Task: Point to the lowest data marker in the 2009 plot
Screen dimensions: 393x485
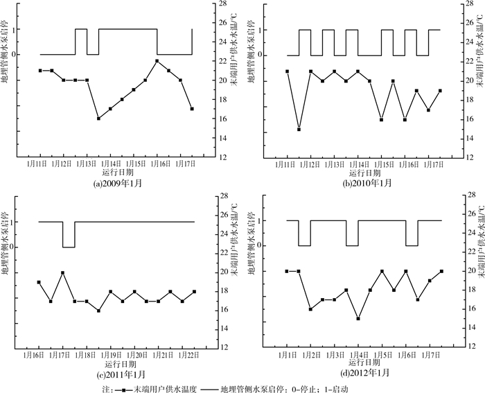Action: point(98,119)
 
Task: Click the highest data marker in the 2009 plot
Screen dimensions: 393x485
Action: point(157,61)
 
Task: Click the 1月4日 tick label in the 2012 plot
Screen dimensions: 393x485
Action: point(359,355)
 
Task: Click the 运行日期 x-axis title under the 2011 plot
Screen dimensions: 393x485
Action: point(116,364)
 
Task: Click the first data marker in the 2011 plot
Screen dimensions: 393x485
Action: point(39,283)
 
